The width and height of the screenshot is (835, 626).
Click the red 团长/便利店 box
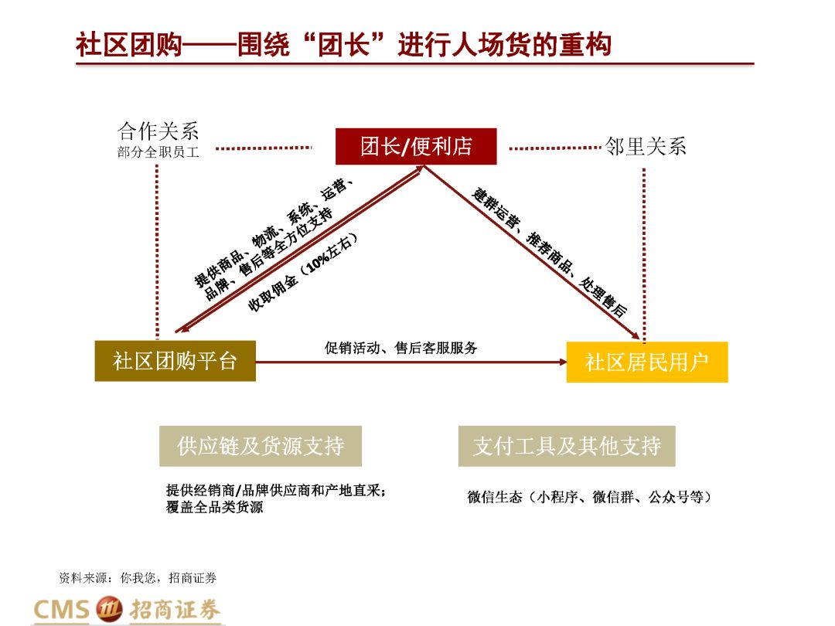416,146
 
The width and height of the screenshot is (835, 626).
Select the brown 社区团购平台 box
176,360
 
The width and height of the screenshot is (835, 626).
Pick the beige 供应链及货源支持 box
261,446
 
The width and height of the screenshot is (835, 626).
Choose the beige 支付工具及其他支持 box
567,446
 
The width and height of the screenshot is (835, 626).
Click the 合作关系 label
158,130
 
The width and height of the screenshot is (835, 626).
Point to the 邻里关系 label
646,146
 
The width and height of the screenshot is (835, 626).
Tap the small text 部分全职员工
158,152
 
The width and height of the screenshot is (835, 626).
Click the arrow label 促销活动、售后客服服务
401,348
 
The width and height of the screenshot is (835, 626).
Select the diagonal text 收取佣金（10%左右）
303,272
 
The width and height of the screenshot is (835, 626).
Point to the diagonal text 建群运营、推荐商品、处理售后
550,250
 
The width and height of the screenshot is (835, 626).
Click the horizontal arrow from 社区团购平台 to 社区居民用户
410,362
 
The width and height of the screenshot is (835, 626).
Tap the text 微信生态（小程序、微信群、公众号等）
588,497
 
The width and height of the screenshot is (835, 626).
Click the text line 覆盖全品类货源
214,508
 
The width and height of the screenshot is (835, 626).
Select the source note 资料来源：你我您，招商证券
138,577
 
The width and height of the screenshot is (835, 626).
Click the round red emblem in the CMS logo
109,609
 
